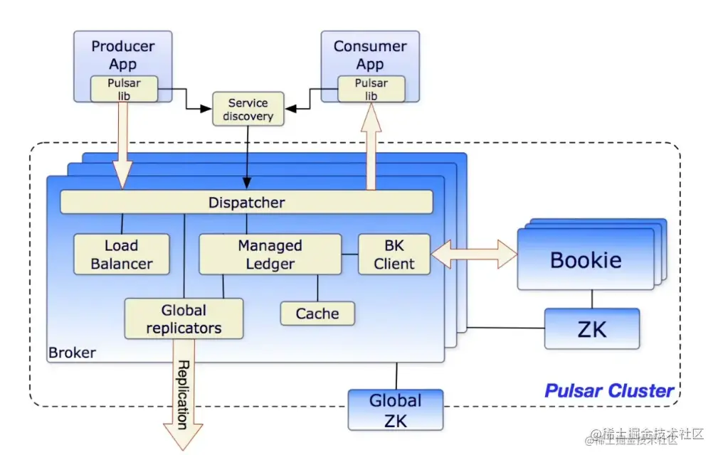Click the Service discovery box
248,109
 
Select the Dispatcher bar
246,202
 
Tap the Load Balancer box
122,255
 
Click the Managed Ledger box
270,255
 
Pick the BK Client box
394,255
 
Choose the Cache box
317,314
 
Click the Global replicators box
184,318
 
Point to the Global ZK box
396,410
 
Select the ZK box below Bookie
592,328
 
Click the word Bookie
586,260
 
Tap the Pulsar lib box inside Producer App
124,89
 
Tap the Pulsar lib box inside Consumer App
371,89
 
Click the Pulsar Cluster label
609,391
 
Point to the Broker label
72,353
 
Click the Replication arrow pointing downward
183,394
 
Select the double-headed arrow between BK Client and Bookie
475,255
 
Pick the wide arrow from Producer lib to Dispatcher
122,145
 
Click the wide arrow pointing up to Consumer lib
371,146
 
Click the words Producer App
122,55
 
